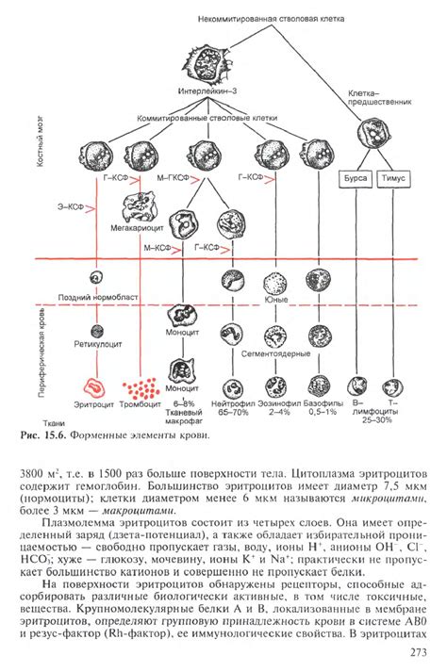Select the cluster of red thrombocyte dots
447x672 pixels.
pyautogui.click(x=139, y=387)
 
